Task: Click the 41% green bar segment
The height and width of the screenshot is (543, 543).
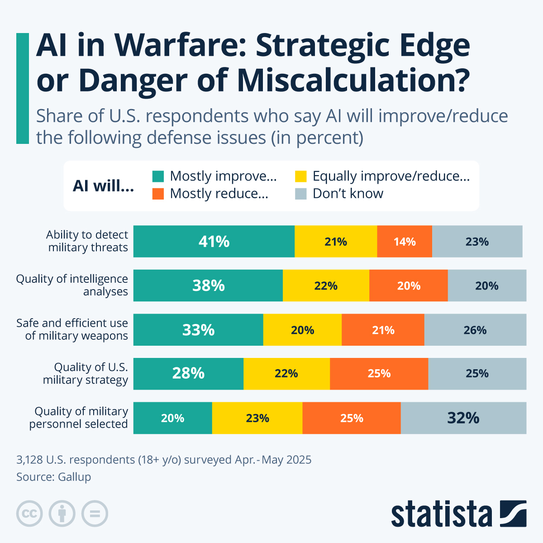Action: (214, 242)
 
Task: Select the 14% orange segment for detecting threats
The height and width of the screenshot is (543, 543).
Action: (405, 242)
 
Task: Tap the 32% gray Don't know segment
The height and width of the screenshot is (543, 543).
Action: (463, 418)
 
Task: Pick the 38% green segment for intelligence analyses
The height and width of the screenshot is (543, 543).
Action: (208, 286)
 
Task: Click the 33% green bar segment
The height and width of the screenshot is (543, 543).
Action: (198, 330)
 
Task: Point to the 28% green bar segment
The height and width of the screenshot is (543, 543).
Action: (188, 374)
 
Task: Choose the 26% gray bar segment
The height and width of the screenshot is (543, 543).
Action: (475, 330)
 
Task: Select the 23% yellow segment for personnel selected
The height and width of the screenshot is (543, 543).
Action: (257, 418)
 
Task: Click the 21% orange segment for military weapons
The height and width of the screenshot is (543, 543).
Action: (383, 330)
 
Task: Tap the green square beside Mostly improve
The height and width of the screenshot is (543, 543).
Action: (158, 176)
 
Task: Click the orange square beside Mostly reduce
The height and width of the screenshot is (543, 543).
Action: (158, 194)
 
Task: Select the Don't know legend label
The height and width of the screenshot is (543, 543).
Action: (348, 194)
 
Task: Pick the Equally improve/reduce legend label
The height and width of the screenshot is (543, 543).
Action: (391, 176)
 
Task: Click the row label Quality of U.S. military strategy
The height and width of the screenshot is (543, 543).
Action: (86, 374)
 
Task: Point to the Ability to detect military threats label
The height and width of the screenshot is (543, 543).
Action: (87, 241)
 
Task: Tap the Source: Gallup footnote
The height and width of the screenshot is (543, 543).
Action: (54, 477)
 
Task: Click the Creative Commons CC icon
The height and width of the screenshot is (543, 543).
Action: (29, 514)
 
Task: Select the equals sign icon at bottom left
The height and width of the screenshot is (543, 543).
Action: (95, 514)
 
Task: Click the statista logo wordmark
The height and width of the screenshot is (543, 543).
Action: (442, 514)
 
